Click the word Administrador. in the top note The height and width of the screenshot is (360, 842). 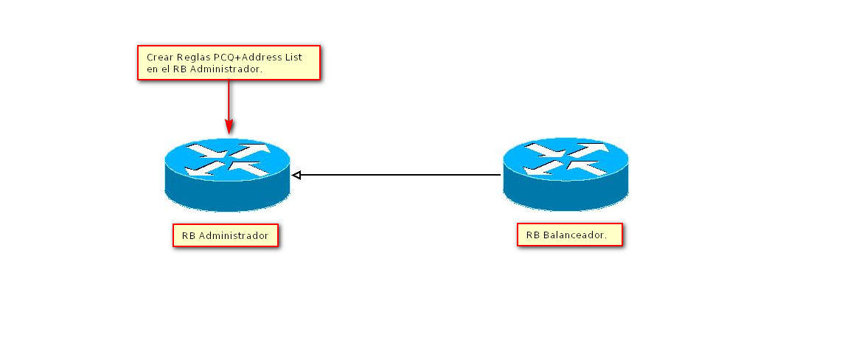[x=227, y=69]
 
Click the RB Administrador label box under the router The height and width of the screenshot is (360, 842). [x=226, y=235]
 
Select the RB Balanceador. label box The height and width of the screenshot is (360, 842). [x=569, y=235]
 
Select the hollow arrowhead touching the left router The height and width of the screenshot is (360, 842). [x=296, y=175]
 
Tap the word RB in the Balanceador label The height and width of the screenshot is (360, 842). [x=532, y=236]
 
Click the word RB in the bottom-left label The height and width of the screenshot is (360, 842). [x=188, y=236]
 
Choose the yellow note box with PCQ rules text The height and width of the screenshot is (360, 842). [x=229, y=63]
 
